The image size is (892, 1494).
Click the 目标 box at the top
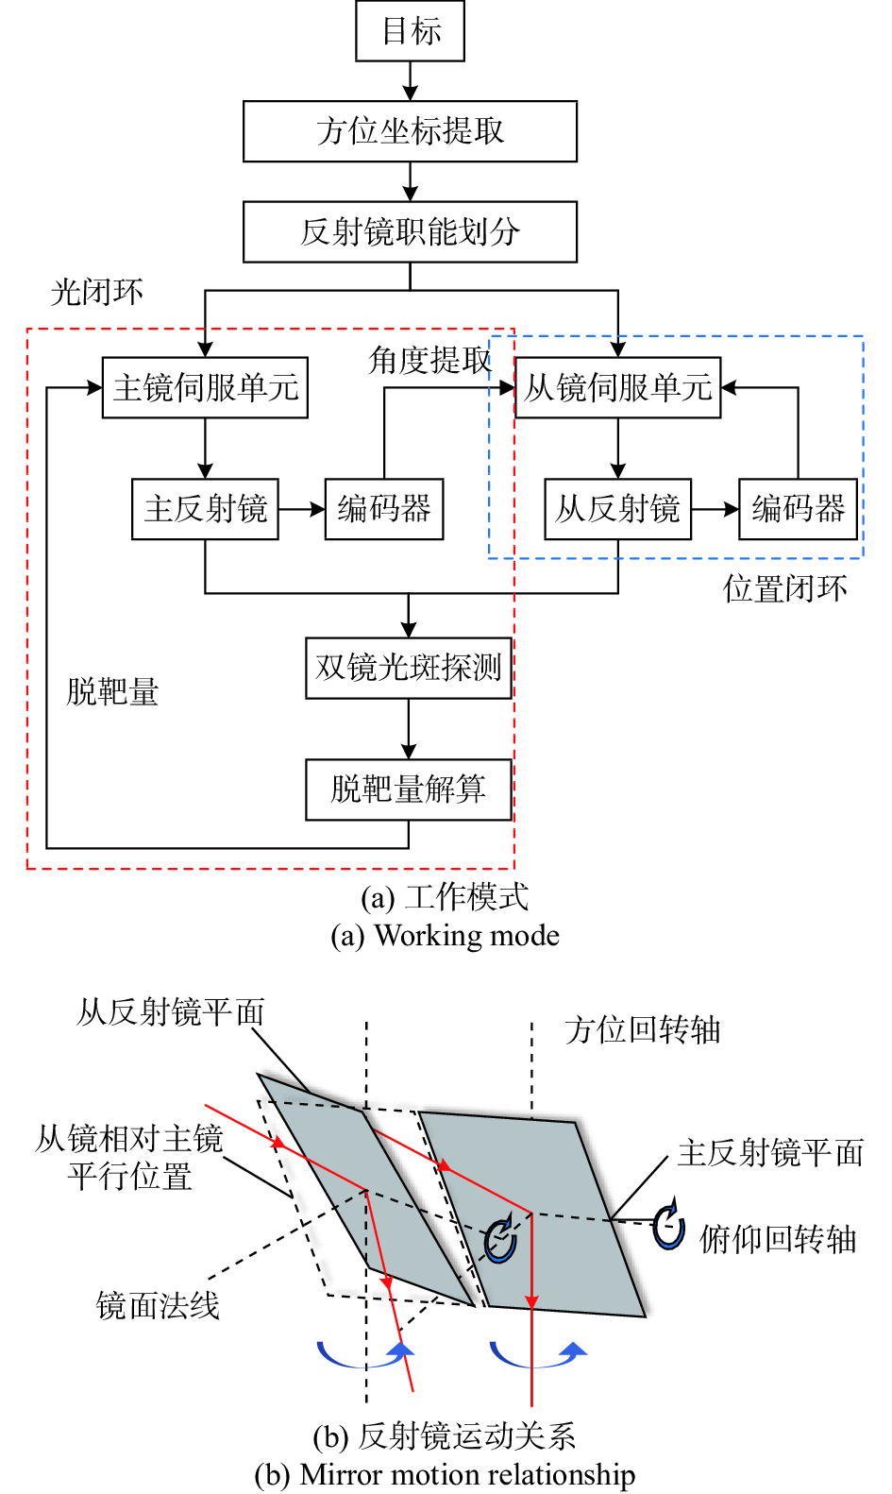point(410,31)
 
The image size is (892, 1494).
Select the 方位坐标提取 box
point(410,131)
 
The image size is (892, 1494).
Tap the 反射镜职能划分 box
point(410,231)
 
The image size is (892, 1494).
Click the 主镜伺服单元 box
point(205,387)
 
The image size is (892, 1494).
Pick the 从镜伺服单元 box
point(617,387)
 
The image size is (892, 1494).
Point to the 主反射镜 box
point(205,509)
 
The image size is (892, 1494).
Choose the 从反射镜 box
point(617,509)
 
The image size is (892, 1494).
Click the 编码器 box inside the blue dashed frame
point(798,509)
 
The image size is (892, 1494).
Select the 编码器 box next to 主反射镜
point(383,509)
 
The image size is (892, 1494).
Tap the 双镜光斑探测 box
point(408,668)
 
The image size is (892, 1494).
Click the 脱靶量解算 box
point(408,789)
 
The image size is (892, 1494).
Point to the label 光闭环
point(96,292)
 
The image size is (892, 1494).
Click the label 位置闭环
point(785,588)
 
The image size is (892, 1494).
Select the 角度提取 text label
point(429,360)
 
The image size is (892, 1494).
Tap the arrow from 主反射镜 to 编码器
point(301,509)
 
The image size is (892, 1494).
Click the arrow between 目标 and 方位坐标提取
point(410,81)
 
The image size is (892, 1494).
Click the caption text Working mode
point(466,936)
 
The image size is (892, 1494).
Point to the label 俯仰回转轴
point(777,1239)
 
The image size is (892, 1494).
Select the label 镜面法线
point(158,1306)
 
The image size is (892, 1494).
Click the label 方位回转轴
point(643,1029)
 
